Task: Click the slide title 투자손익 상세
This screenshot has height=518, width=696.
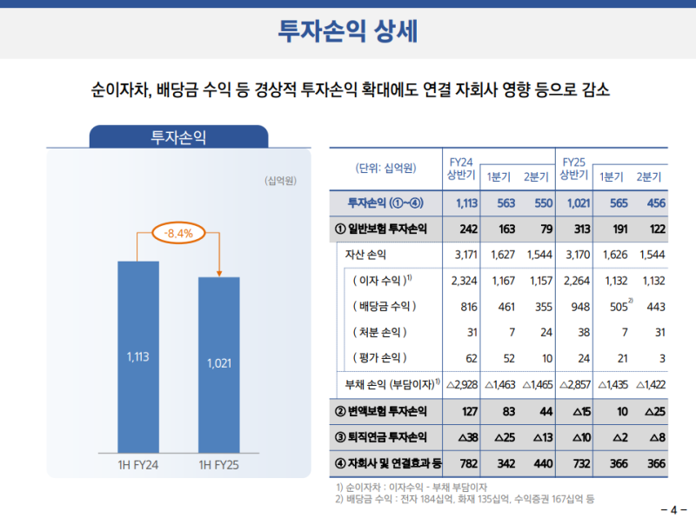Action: tap(347, 30)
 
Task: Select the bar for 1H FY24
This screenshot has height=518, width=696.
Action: tap(137, 356)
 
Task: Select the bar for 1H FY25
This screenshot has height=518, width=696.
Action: tap(218, 364)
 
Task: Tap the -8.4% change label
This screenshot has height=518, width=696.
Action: tap(178, 233)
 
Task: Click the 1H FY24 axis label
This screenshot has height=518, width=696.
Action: tap(137, 464)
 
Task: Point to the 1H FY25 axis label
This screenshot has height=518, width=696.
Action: tap(218, 464)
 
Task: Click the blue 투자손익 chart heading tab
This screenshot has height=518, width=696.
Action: tap(178, 136)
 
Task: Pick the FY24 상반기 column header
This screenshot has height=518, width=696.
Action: tap(460, 168)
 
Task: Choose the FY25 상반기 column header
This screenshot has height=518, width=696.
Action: tap(573, 168)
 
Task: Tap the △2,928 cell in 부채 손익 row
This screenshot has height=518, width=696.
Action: tap(458, 383)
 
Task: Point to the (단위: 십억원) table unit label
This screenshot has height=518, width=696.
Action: tap(385, 168)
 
